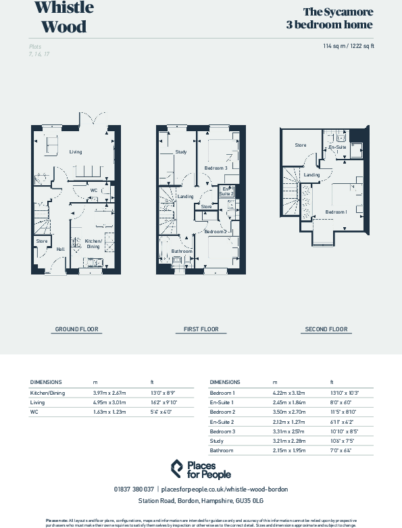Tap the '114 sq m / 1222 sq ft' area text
(349, 46)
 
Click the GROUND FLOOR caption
(76, 329)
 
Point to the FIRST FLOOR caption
(201, 329)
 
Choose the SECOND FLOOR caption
(326, 329)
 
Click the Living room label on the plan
(76, 152)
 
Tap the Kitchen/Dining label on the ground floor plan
(93, 243)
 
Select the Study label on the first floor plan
(180, 152)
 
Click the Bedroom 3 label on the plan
(216, 167)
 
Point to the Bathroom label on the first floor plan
(182, 251)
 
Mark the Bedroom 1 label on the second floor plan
(336, 212)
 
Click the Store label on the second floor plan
(301, 145)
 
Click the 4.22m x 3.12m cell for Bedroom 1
(288, 393)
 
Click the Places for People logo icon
(176, 468)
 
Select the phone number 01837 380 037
(134, 489)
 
